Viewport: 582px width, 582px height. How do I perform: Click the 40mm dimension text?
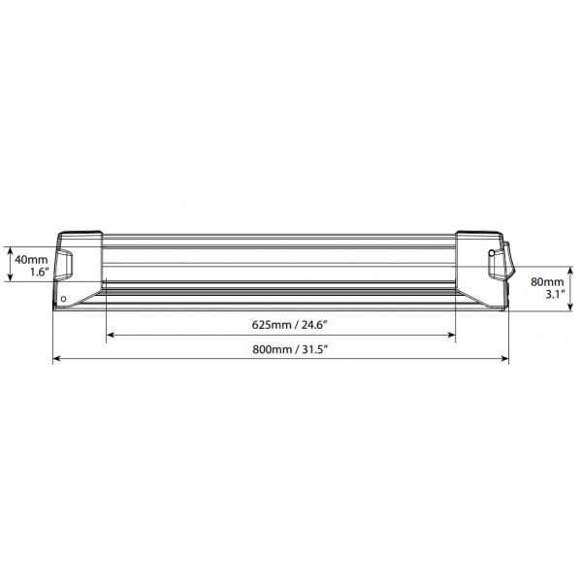pyautogui.click(x=31, y=259)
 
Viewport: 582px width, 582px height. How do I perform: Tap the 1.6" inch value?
pyautogui.click(x=40, y=272)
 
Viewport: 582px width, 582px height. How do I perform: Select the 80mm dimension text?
pyautogui.click(x=547, y=282)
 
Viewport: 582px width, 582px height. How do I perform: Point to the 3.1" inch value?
pyautogui.click(x=555, y=295)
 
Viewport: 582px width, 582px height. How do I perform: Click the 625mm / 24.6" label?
pyautogui.click(x=289, y=325)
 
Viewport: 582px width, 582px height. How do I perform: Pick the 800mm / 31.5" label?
pyautogui.click(x=290, y=349)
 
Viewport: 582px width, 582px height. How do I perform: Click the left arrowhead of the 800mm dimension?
pyautogui.click(x=57, y=358)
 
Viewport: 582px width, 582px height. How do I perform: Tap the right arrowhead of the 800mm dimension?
pyautogui.click(x=504, y=358)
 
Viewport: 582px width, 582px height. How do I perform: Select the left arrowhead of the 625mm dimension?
pyautogui.click(x=111, y=336)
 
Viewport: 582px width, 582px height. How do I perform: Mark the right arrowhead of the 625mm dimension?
pyautogui.click(x=451, y=336)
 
